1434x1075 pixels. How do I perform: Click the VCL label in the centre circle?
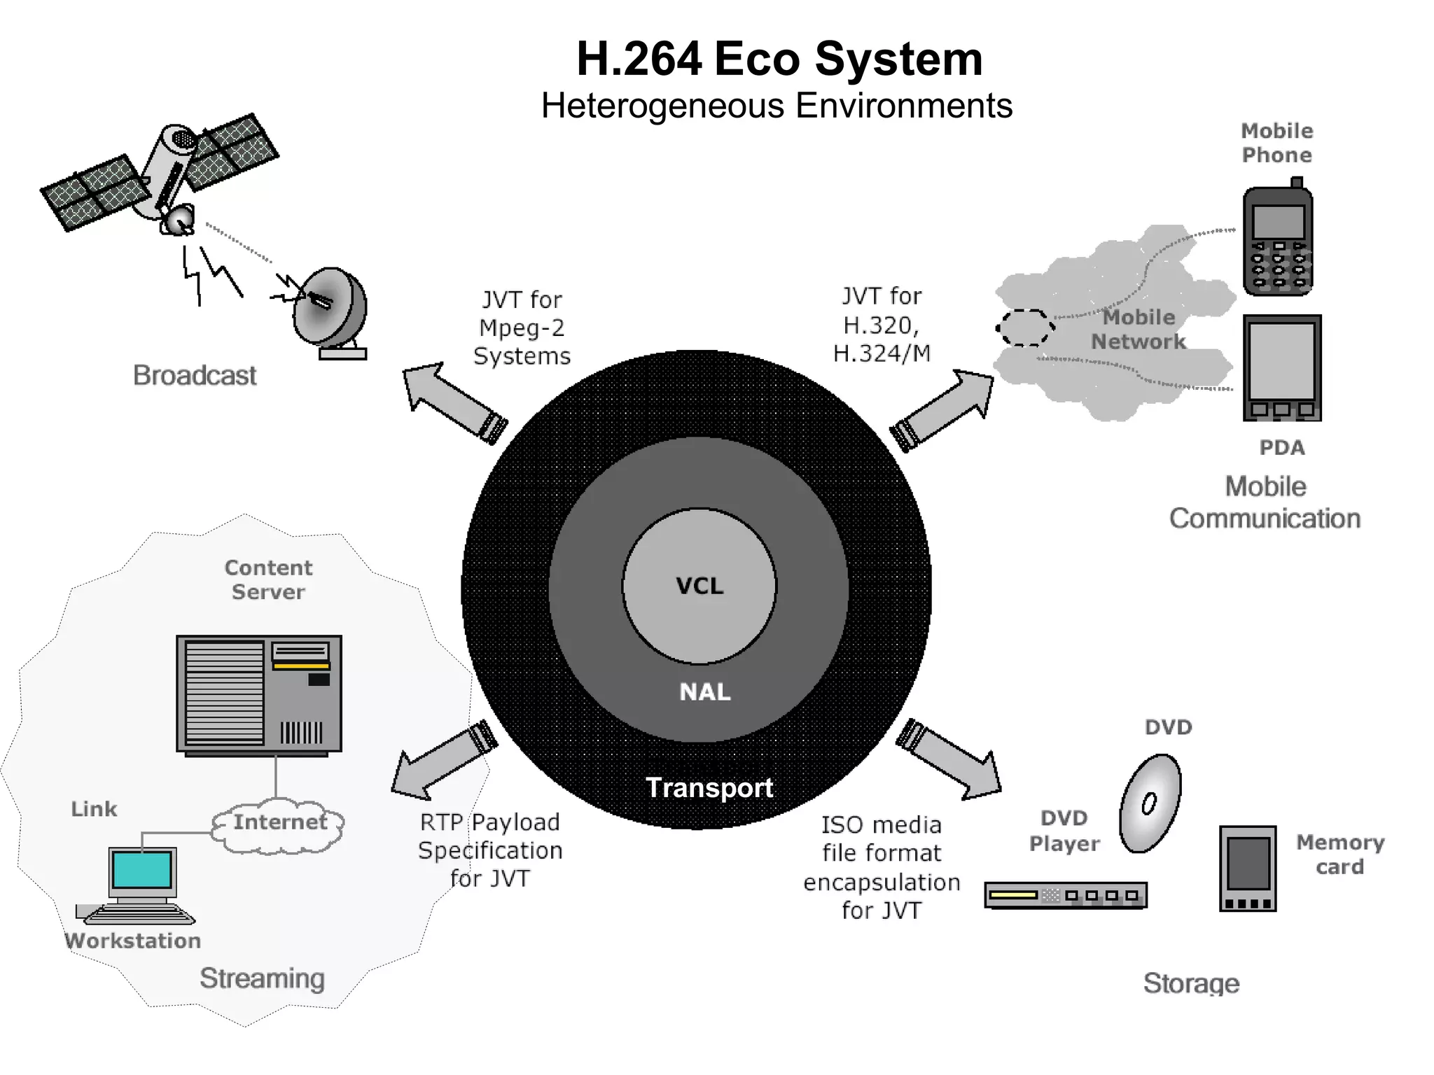pyautogui.click(x=699, y=586)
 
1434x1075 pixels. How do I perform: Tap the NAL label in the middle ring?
pyautogui.click(x=704, y=691)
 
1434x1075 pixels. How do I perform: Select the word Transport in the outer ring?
pyautogui.click(x=709, y=788)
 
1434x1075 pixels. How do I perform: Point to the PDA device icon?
pyautogui.click(x=1281, y=367)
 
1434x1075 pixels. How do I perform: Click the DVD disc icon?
pyautogui.click(x=1150, y=803)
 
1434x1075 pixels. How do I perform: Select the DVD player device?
pyautogui.click(x=1065, y=895)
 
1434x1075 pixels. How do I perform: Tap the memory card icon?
pyautogui.click(x=1247, y=869)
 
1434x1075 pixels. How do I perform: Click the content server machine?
pyautogui.click(x=259, y=694)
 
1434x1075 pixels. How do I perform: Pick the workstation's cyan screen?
pyautogui.click(x=142, y=869)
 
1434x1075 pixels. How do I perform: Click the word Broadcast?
pyautogui.click(x=195, y=375)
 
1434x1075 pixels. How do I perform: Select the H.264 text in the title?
pyautogui.click(x=639, y=59)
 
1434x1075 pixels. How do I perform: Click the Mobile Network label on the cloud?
pyautogui.click(x=1139, y=330)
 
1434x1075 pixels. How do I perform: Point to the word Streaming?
pyautogui.click(x=262, y=978)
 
